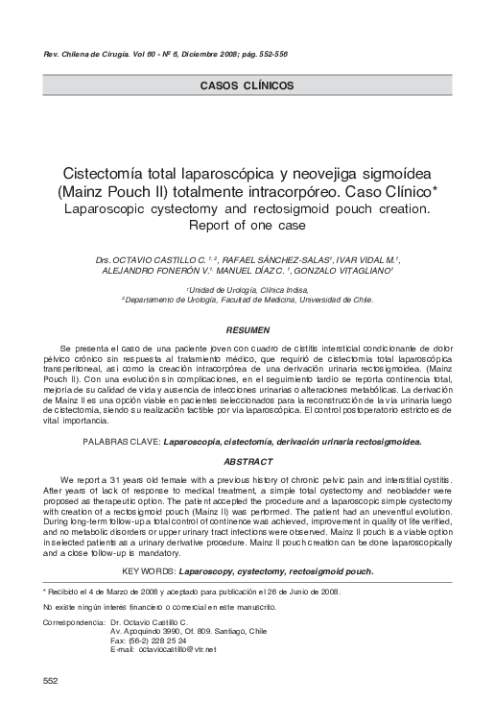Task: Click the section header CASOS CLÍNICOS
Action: (247, 85)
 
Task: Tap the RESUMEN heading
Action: (247, 329)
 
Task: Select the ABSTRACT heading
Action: (247, 462)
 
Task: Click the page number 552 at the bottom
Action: (50, 680)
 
